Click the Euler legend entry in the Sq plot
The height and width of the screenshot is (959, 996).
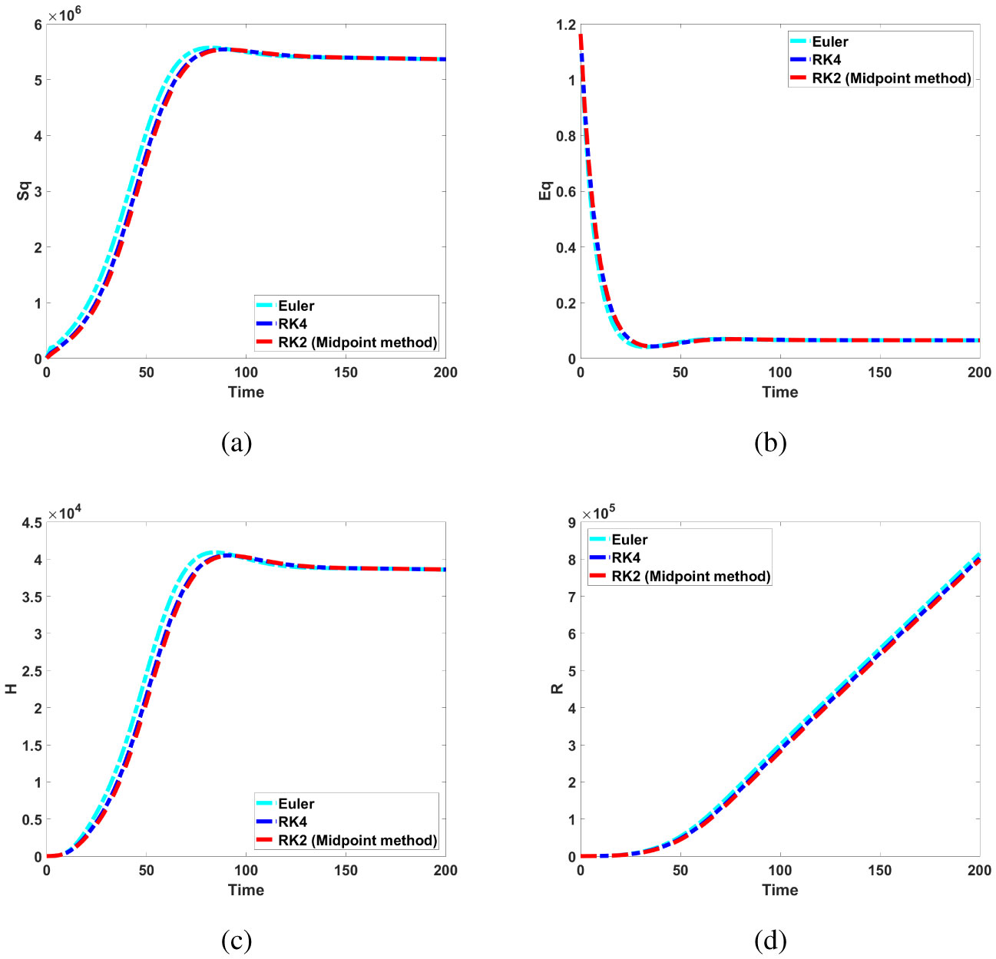296,306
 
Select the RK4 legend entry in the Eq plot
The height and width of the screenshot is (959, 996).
826,60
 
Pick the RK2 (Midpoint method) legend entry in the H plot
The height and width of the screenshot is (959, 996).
357,841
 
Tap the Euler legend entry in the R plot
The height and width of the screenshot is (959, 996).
629,540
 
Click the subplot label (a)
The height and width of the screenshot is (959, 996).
236,442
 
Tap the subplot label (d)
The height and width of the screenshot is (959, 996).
770,940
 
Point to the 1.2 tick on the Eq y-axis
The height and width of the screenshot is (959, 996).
565,25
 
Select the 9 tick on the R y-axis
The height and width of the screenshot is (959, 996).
570,523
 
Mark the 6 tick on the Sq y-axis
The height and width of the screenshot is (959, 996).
36,25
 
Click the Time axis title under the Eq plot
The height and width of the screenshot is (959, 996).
779,392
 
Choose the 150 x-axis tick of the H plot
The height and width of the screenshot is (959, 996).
346,871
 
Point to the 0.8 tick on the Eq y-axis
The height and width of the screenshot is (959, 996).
565,136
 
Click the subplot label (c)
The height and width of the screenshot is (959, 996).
236,940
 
